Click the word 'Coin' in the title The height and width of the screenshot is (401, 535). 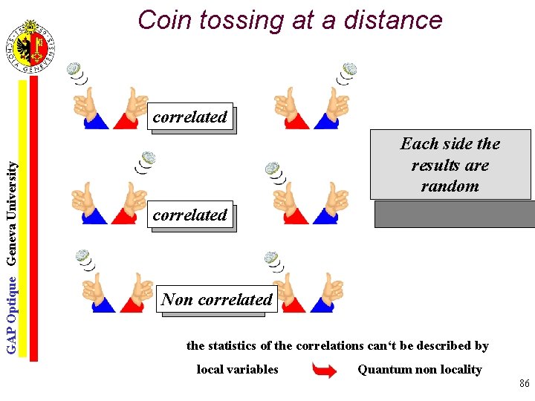[x=161, y=20]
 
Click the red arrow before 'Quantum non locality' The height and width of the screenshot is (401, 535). [x=325, y=370]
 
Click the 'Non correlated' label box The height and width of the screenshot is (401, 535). [x=217, y=299]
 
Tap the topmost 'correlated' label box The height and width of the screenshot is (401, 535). [x=190, y=117]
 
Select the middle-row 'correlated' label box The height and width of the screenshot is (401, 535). [x=190, y=215]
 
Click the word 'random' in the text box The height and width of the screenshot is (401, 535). [x=450, y=186]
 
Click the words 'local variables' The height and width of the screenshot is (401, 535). [x=237, y=369]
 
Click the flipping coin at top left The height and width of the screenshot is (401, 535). [x=74, y=69]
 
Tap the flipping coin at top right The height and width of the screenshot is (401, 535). [x=349, y=69]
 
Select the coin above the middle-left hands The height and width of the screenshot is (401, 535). [x=149, y=157]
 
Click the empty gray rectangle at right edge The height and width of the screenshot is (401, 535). [x=454, y=214]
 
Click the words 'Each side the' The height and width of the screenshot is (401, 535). [x=450, y=143]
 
